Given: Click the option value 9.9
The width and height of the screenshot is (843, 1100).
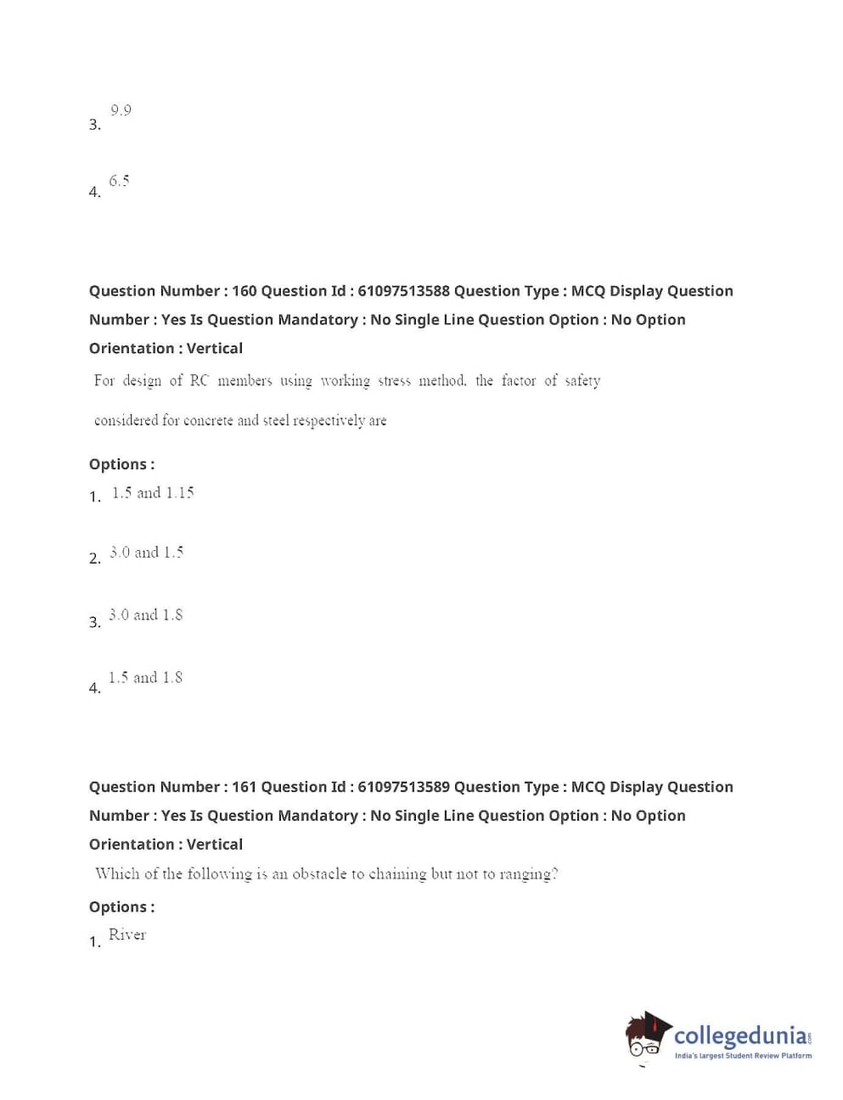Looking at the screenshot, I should click(x=121, y=110).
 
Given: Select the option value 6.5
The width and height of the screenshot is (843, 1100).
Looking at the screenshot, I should click(x=119, y=181).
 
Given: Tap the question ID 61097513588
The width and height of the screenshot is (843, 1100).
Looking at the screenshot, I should click(x=403, y=291).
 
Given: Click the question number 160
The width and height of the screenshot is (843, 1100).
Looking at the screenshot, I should click(x=244, y=291).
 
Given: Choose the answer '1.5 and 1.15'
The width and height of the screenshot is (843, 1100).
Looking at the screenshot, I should click(x=153, y=493).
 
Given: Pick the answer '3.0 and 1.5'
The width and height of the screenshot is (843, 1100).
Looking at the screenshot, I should click(x=146, y=553).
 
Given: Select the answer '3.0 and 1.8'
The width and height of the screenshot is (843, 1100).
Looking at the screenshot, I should click(x=145, y=615).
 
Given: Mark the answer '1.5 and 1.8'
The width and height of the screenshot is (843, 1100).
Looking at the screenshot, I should click(x=145, y=677).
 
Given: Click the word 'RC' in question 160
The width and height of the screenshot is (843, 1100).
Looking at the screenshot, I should click(x=199, y=381).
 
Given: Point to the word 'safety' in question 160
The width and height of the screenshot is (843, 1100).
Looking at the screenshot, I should click(x=582, y=381).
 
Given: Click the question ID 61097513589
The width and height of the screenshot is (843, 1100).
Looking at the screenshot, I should click(x=403, y=787).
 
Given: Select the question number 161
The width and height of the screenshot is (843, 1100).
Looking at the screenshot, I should click(x=244, y=787).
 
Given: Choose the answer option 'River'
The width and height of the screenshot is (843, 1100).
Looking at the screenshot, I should click(x=127, y=935).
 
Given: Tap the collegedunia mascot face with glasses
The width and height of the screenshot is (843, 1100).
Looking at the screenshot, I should click(x=645, y=1037).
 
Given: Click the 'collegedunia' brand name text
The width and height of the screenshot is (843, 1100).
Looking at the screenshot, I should click(x=740, y=1036).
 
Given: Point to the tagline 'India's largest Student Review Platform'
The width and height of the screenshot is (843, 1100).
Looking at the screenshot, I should click(x=743, y=1056).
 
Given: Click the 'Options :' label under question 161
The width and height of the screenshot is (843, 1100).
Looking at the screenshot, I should click(x=121, y=907).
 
